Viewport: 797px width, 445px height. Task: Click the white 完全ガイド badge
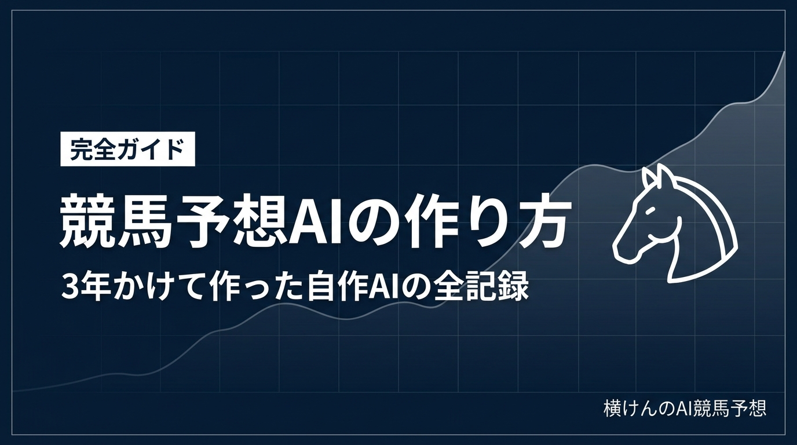pos(128,149)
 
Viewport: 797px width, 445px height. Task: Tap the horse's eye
pos(650,210)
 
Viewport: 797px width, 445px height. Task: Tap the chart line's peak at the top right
pos(784,52)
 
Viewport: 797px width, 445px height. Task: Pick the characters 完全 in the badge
pos(94,149)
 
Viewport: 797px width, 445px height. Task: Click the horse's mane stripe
pos(708,221)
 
